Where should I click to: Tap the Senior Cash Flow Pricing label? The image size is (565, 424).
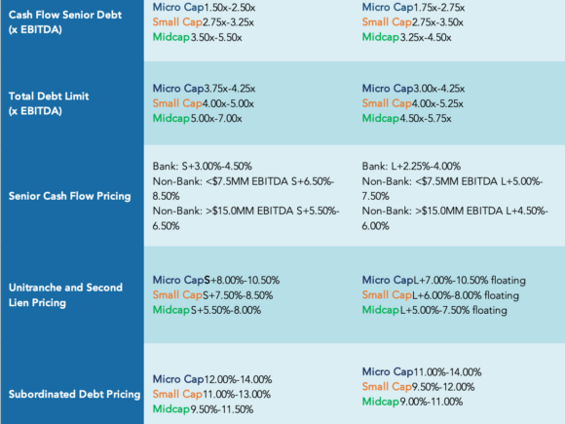[x=69, y=196]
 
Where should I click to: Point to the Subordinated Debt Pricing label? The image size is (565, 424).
[x=74, y=394]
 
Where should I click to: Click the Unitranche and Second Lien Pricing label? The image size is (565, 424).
[x=65, y=295]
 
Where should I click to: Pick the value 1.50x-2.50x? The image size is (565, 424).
[x=230, y=7]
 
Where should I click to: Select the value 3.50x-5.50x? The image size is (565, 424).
[x=216, y=37]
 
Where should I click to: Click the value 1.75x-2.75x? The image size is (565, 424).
[x=439, y=7]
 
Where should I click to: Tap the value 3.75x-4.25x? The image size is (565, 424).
[x=230, y=89]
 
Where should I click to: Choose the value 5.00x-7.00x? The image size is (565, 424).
[x=216, y=119]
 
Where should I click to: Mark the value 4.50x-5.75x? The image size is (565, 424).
[x=426, y=119]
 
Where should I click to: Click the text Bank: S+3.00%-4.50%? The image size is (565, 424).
[x=203, y=167]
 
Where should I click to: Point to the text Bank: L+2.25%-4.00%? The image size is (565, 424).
[x=411, y=167]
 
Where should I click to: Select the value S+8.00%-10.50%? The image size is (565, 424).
[x=242, y=280]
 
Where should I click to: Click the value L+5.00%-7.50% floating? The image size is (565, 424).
[x=454, y=310]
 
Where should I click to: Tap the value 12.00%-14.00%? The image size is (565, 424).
[x=239, y=379]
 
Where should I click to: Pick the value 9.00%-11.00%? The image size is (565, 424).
[x=432, y=402]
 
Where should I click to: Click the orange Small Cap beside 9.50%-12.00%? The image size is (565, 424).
[x=387, y=387]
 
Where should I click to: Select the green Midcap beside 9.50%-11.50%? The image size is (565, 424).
[x=171, y=409]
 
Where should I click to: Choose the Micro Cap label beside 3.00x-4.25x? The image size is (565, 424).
[x=388, y=89]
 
